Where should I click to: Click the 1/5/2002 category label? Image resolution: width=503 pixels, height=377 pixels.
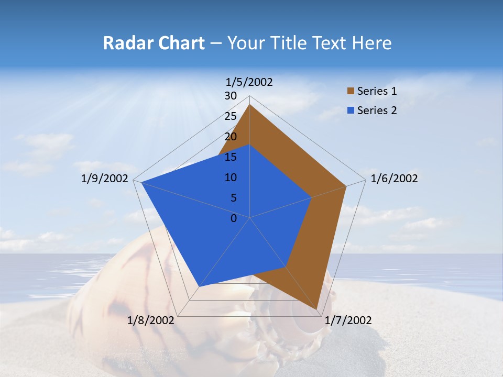click(x=249, y=82)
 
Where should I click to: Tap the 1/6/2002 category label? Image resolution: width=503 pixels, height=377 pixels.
click(x=394, y=179)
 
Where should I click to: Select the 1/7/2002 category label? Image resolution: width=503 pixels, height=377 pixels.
click(x=348, y=320)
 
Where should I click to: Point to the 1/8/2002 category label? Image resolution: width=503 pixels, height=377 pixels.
click(x=151, y=320)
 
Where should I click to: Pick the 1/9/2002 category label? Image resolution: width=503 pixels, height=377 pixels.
click(x=104, y=179)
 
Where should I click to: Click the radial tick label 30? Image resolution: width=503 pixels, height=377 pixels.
click(x=231, y=96)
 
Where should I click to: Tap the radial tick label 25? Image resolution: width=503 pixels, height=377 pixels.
click(x=231, y=116)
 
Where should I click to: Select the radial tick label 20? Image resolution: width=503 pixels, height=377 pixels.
click(x=231, y=137)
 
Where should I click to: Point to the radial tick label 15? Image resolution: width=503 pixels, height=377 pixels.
click(x=231, y=157)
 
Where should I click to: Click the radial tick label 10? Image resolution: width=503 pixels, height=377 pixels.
click(x=231, y=178)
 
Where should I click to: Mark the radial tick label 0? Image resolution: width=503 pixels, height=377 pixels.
click(x=234, y=218)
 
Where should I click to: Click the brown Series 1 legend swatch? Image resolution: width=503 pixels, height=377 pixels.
click(x=351, y=91)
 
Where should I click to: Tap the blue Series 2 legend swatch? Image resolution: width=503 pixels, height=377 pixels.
click(x=351, y=110)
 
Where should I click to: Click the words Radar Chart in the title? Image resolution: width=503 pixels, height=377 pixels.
click(x=154, y=43)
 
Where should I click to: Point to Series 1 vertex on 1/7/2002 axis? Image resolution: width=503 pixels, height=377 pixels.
click(x=316, y=309)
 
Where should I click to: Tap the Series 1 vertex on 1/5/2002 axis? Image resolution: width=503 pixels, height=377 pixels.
click(x=250, y=104)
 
